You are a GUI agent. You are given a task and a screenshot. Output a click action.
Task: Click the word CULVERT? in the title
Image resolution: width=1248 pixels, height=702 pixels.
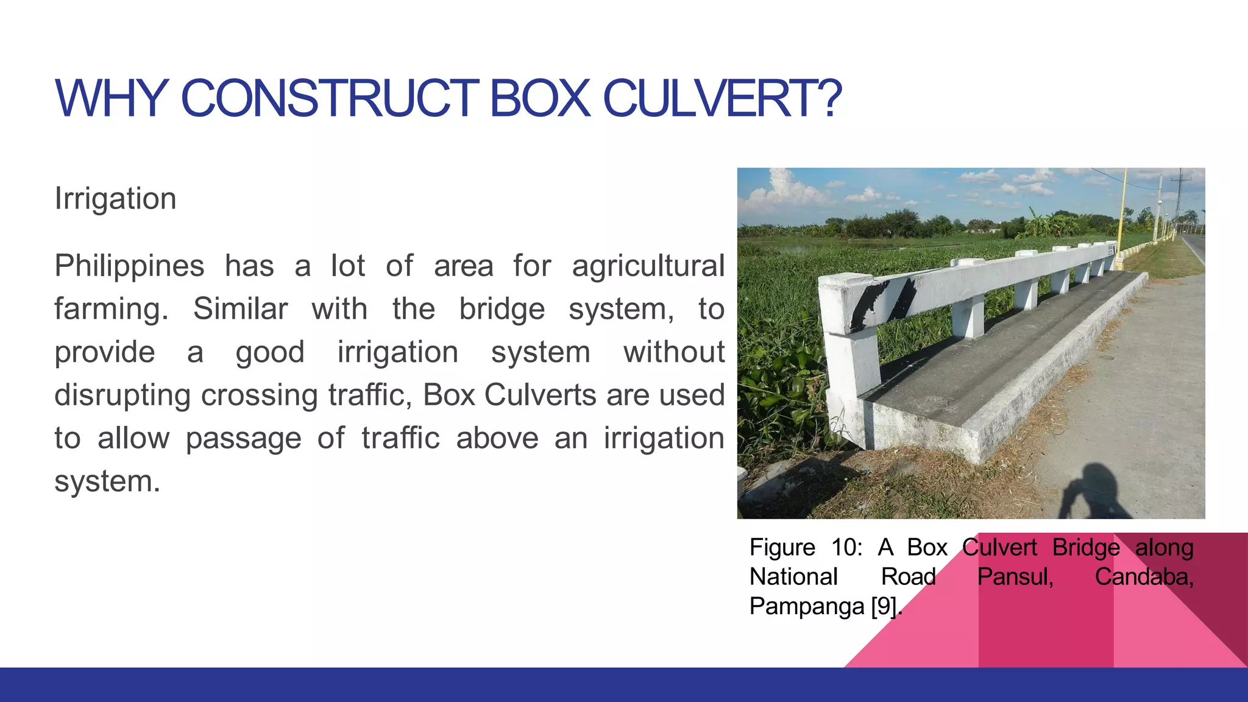pyautogui.click(x=722, y=99)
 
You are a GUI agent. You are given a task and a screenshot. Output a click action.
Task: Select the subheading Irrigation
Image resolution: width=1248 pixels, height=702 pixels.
pyautogui.click(x=115, y=199)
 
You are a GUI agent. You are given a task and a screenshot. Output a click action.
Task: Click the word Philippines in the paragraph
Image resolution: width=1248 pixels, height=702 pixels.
pyautogui.click(x=129, y=266)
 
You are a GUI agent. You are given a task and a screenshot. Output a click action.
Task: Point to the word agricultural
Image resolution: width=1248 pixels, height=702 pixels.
pyautogui.click(x=648, y=266)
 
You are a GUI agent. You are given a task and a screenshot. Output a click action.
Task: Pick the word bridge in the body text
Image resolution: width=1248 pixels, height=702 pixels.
pyautogui.click(x=502, y=309)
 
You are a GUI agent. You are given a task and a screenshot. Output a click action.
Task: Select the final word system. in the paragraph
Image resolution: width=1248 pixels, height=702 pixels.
pyautogui.click(x=107, y=481)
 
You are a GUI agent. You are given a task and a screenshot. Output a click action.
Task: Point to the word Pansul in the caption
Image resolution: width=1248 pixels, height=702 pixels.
pyautogui.click(x=1015, y=576)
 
